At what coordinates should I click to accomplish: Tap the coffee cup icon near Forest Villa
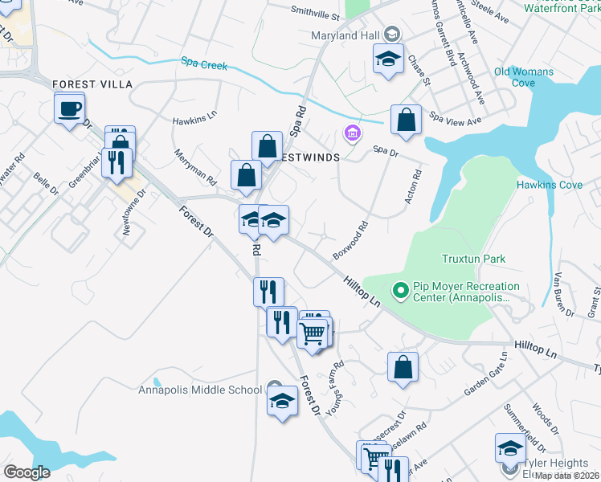coord(69,108)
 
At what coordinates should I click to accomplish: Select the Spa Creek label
coord(200,63)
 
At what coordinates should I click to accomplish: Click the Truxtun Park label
coord(473,259)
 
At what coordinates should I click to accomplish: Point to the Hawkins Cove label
coord(549,185)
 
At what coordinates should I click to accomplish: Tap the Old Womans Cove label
coord(524,77)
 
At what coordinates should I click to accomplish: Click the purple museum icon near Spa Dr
coord(351,132)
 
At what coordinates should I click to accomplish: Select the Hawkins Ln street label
coord(194,117)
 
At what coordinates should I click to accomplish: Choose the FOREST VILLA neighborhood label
coord(92,84)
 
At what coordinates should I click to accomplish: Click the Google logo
coord(27,472)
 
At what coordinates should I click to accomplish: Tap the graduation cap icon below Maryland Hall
coord(387,59)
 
